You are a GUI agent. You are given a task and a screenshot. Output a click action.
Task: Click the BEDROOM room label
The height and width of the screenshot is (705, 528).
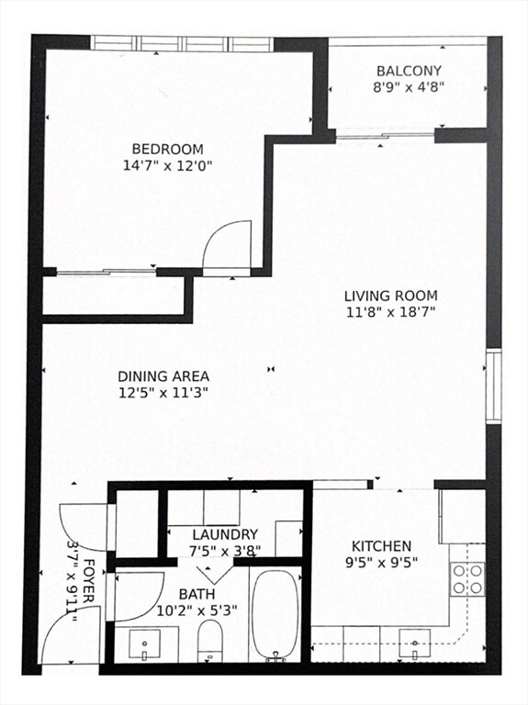[x=167, y=150]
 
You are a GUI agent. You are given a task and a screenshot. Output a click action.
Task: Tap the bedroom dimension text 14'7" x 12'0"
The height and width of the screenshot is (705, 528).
[x=167, y=166]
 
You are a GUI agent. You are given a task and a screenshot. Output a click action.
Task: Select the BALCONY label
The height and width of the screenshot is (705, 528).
[x=409, y=71]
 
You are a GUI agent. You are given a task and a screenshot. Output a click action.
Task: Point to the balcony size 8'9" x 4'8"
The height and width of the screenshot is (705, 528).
[x=409, y=87]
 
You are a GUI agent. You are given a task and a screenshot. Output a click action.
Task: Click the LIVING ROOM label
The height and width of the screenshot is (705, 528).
[x=390, y=296]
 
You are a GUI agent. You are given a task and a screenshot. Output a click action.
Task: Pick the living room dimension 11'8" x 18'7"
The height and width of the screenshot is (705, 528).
[x=390, y=312]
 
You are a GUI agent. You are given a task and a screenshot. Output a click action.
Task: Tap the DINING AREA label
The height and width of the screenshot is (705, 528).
[x=163, y=376]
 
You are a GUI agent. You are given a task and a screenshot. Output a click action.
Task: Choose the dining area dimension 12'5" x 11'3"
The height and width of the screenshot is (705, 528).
[x=163, y=393]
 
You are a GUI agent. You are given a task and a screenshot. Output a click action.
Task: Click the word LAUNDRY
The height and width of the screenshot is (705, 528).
[x=225, y=534]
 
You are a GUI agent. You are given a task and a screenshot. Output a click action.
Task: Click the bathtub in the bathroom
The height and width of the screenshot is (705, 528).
[x=275, y=613]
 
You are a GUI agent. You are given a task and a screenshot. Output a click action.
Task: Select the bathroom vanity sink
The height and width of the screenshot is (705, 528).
[x=145, y=644]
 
